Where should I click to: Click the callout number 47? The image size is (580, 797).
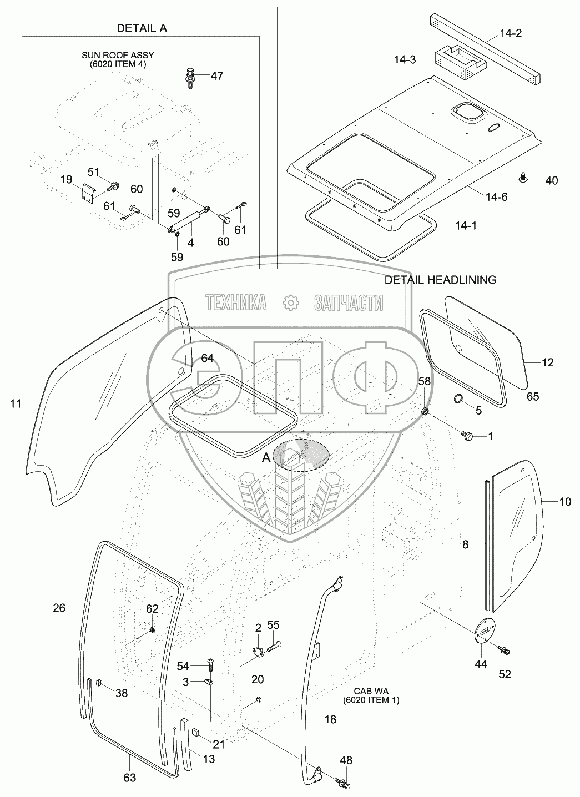point(217,76)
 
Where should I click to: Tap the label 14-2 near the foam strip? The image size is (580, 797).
point(510,33)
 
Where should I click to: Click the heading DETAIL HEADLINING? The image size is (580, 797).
point(440,280)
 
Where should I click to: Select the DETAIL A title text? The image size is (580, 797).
point(141,28)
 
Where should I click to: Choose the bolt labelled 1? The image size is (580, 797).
point(467,437)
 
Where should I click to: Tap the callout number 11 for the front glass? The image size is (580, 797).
point(15,403)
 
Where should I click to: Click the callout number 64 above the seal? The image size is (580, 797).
point(206,359)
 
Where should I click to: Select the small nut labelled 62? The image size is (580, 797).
point(152,630)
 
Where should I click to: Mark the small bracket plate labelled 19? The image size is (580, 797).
point(86,193)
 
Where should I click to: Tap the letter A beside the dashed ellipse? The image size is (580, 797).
point(266,457)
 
